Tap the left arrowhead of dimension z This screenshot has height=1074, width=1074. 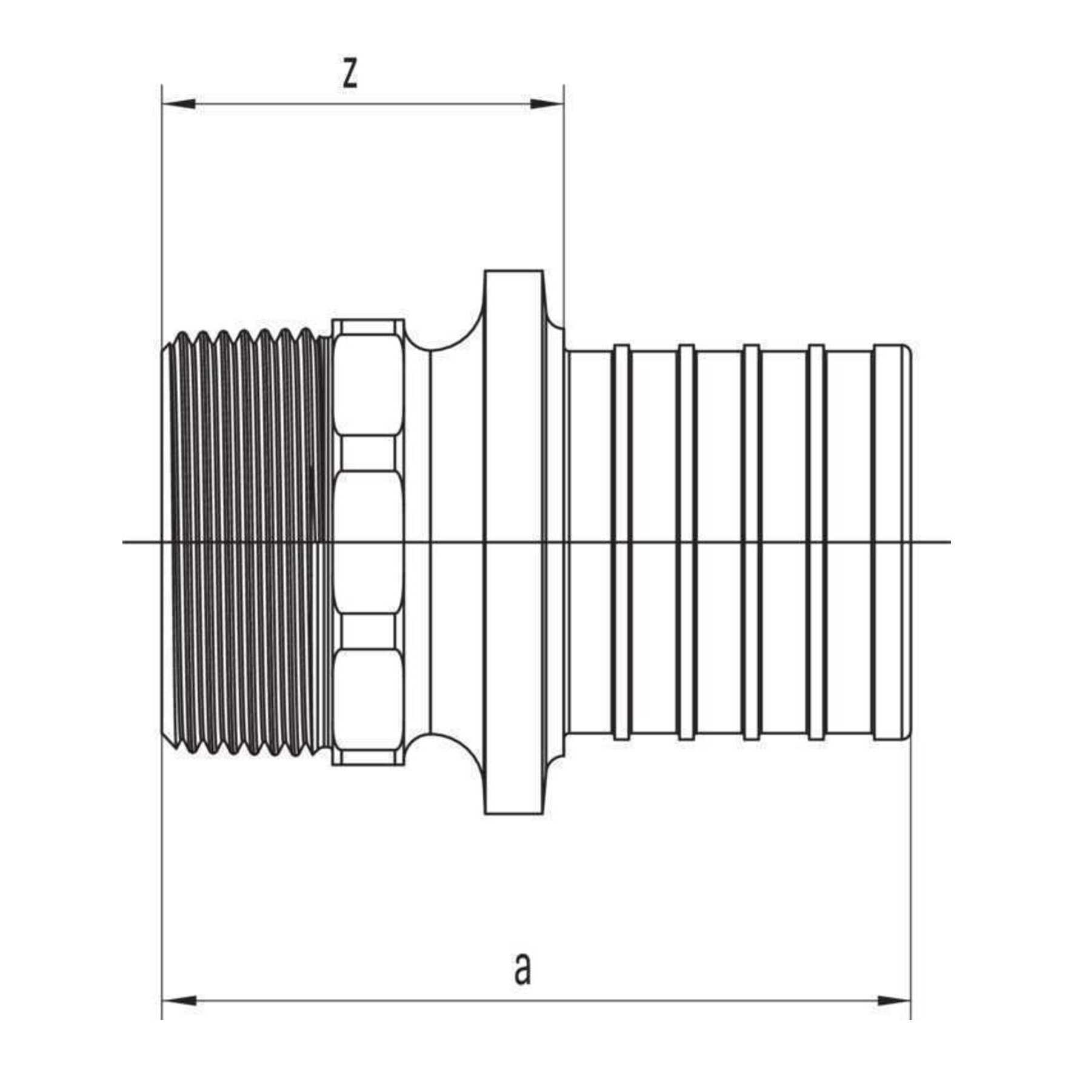(x=179, y=104)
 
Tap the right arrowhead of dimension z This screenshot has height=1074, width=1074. (x=547, y=104)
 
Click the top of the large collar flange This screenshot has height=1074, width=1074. (x=513, y=272)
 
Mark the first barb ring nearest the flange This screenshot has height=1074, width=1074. (x=621, y=542)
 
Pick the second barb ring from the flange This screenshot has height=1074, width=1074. (x=686, y=542)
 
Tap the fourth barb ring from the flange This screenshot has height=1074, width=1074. (x=816, y=542)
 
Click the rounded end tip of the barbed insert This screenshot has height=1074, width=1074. (x=907, y=542)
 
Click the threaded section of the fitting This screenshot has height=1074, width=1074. (x=247, y=542)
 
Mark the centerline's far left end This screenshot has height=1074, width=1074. (x=123, y=541)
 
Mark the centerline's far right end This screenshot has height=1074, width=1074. (x=950, y=541)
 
